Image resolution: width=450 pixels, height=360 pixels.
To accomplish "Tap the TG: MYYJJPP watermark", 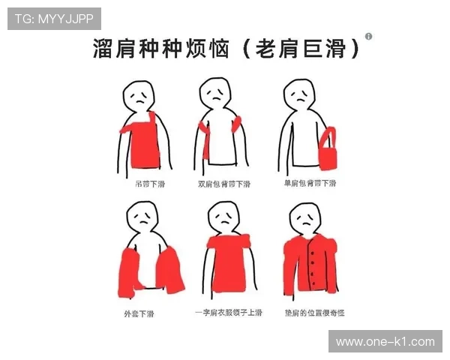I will (x=54, y=18).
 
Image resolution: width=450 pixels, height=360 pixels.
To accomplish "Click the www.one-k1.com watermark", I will (x=385, y=341).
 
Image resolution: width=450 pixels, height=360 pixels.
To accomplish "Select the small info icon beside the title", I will (x=368, y=36).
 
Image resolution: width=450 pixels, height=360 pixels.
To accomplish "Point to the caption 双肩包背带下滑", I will (x=223, y=184).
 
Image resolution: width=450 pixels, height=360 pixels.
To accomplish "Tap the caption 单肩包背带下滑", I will (x=310, y=184).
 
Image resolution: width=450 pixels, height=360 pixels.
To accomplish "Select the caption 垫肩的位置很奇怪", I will (x=313, y=313).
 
